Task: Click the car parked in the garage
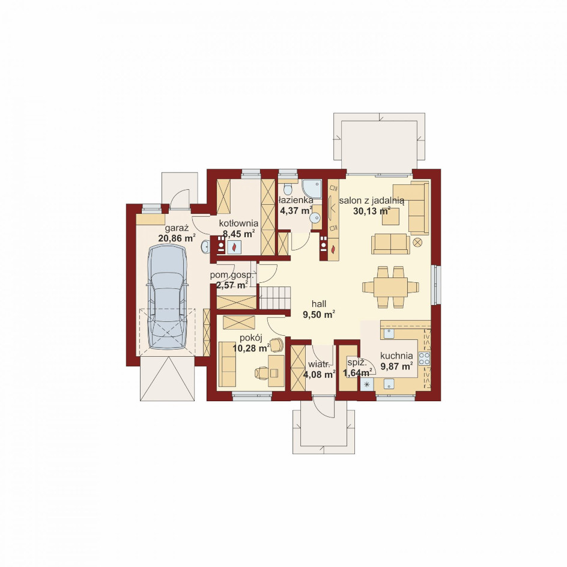pos(167,297)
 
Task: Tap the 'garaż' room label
pos(177,228)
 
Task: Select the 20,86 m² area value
pos(177,238)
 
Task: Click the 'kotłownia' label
pos(238,223)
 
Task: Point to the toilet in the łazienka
pos(288,189)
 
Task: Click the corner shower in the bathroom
pos(312,189)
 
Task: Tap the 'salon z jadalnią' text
pos(371,200)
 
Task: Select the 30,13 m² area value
pos(372,211)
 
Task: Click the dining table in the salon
pos(391,287)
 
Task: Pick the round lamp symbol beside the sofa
pos(417,242)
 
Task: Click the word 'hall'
pos(319,304)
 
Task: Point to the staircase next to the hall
pos(275,297)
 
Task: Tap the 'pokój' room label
pos(250,338)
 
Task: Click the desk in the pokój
pos(276,371)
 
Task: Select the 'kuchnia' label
pos(396,356)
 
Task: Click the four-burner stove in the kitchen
pos(425,358)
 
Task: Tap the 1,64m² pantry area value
pos(357,372)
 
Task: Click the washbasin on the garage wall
pos(205,246)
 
